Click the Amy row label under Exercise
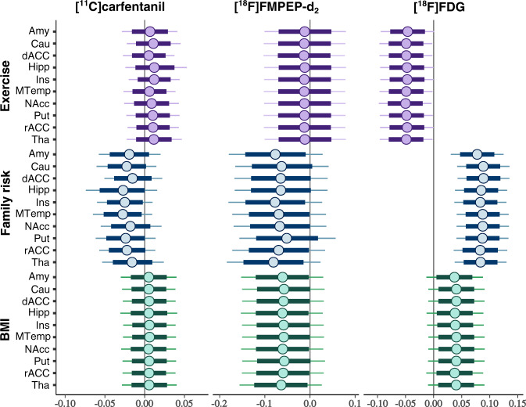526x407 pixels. (x=41, y=32)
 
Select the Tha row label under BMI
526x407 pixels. (x=42, y=385)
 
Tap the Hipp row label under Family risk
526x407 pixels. (x=41, y=190)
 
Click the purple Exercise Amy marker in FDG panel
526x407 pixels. (x=407, y=32)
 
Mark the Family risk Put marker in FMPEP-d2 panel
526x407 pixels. (x=287, y=239)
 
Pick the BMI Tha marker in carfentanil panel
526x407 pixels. (x=148, y=385)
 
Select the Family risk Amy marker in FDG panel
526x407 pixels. (x=477, y=154)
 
